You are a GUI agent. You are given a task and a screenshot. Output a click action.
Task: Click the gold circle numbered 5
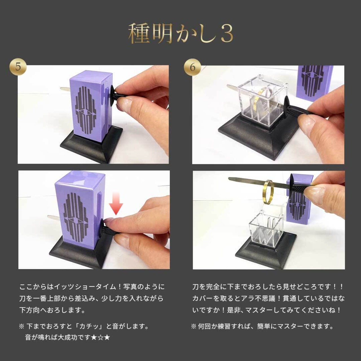[x=18, y=67]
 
